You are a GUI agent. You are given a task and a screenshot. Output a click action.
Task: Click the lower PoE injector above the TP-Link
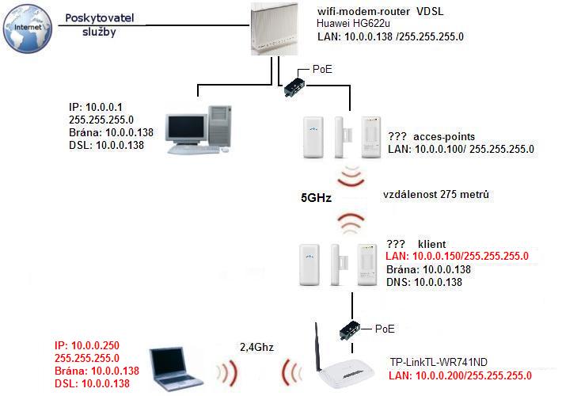[348, 328]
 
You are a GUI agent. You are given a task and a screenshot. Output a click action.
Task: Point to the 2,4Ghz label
[256, 346]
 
